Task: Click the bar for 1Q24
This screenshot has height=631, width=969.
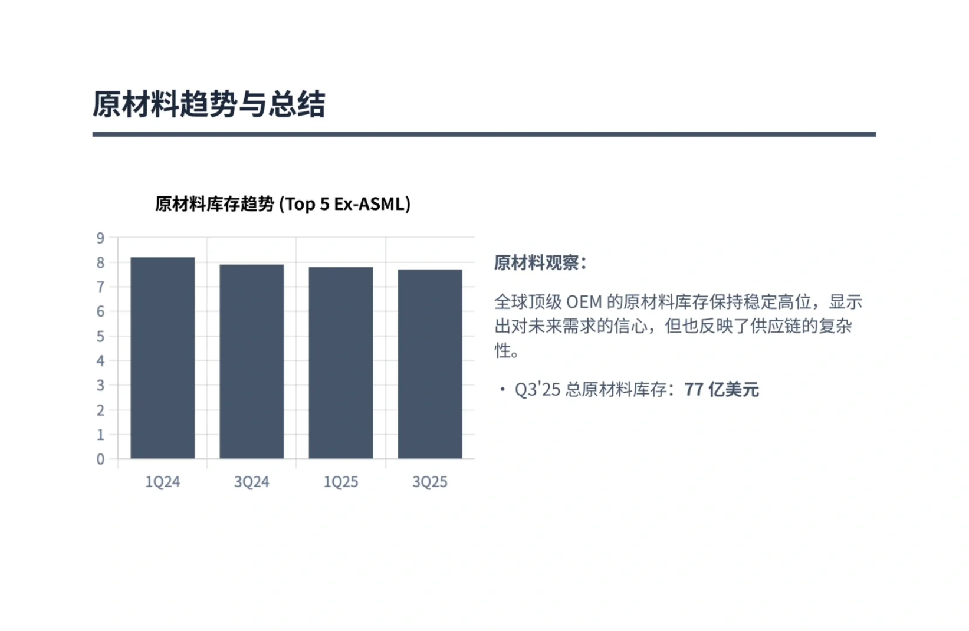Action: click(x=163, y=357)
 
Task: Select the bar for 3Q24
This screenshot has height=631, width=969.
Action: click(x=252, y=361)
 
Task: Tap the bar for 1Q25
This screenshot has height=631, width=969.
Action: click(x=341, y=362)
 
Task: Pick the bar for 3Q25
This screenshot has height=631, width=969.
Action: click(x=430, y=363)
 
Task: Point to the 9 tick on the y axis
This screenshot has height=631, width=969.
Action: click(x=100, y=238)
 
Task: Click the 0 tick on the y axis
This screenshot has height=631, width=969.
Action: click(x=100, y=459)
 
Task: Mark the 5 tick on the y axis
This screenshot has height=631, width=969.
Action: click(x=100, y=337)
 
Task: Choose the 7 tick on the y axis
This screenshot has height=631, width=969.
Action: click(x=100, y=287)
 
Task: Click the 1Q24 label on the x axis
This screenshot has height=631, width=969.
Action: click(x=163, y=482)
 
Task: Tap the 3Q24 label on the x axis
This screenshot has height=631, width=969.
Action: click(x=252, y=482)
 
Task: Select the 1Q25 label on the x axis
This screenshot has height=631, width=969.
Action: click(x=341, y=482)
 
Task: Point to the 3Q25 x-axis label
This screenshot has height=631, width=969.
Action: click(x=430, y=482)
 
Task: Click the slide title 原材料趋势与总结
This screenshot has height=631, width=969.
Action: click(x=209, y=104)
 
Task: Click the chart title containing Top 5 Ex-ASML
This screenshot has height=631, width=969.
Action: click(x=283, y=204)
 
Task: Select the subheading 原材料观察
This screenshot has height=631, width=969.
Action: click(x=540, y=263)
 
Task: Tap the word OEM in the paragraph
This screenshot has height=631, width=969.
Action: click(x=584, y=302)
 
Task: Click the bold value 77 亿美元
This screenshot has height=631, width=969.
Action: click(x=721, y=390)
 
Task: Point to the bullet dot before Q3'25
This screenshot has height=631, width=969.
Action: click(x=502, y=389)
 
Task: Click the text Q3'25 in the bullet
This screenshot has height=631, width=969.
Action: click(x=537, y=390)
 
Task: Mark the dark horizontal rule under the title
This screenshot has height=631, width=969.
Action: click(x=484, y=134)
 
